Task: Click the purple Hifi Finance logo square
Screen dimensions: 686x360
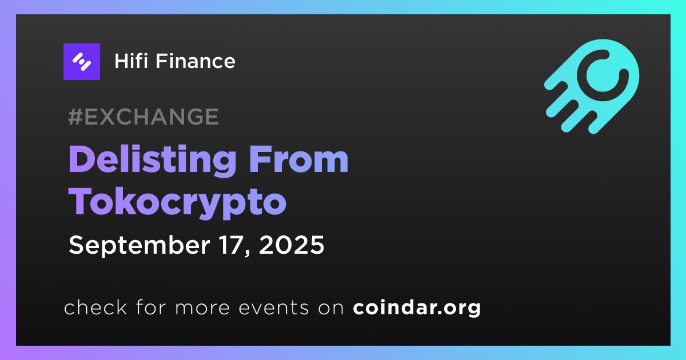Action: (81, 62)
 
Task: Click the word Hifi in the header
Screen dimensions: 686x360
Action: (131, 61)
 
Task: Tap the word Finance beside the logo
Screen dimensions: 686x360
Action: (196, 61)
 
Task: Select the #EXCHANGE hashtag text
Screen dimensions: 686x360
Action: (143, 117)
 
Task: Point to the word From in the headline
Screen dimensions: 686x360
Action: (298, 159)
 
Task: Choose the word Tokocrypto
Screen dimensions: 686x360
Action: (177, 203)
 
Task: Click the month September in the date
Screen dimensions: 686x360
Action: (139, 246)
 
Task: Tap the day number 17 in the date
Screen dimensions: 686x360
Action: (234, 245)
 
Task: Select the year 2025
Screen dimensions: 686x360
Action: (291, 245)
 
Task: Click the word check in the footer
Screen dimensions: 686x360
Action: (95, 307)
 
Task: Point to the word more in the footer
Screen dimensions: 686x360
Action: (202, 308)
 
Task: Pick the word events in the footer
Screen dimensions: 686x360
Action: (273, 308)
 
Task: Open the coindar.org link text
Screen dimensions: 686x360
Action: (417, 308)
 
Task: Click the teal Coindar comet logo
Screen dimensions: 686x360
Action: (592, 86)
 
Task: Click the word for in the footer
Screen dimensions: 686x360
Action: (151, 307)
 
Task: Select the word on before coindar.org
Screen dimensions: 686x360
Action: (331, 308)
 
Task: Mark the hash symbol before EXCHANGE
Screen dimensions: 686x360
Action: (75, 117)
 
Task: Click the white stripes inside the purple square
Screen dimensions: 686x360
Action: (81, 62)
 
